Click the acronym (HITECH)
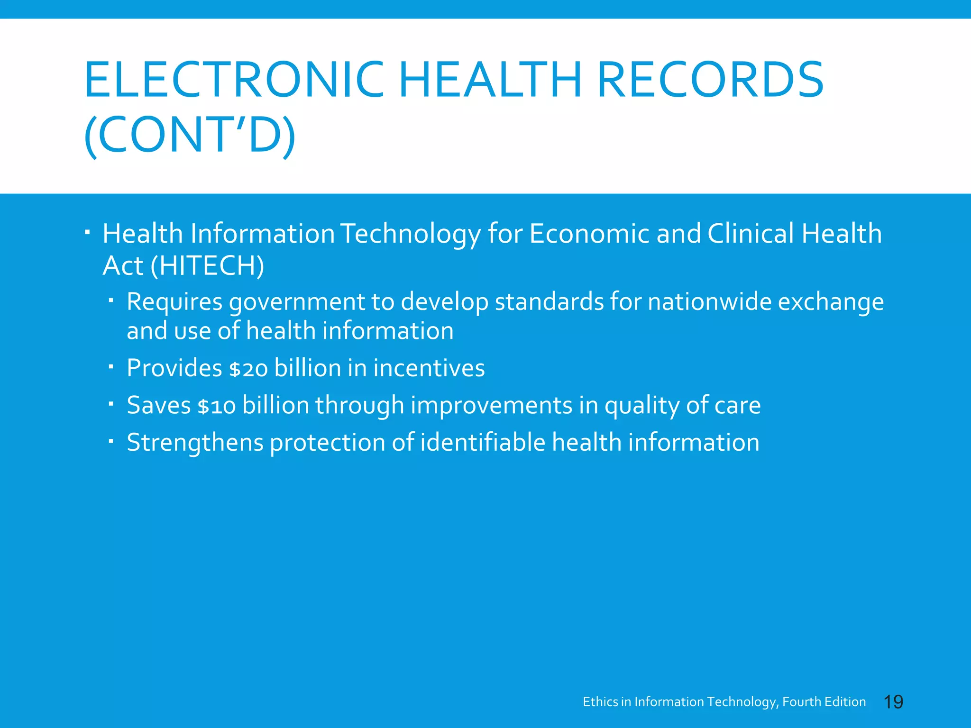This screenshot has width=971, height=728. point(207,265)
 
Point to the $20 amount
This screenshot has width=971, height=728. point(248,369)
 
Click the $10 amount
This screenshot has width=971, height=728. point(216,406)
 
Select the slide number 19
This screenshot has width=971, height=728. point(894,702)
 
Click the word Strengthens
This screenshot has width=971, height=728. point(195,443)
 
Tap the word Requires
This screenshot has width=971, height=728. point(174,302)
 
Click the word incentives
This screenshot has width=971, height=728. point(429,368)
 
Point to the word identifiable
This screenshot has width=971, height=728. point(483,443)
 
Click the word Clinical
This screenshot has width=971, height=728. point(751,234)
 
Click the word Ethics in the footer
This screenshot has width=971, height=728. point(600,702)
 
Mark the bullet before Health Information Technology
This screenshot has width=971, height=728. point(88,233)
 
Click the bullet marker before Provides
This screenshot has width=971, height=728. point(110,366)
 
